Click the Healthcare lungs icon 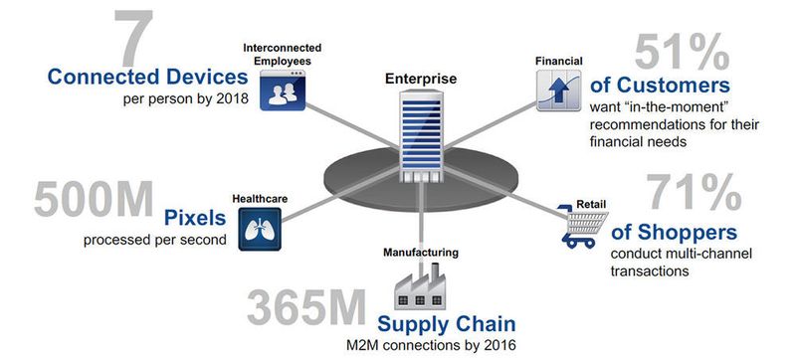tap(259, 230)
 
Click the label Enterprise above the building tap(419, 77)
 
